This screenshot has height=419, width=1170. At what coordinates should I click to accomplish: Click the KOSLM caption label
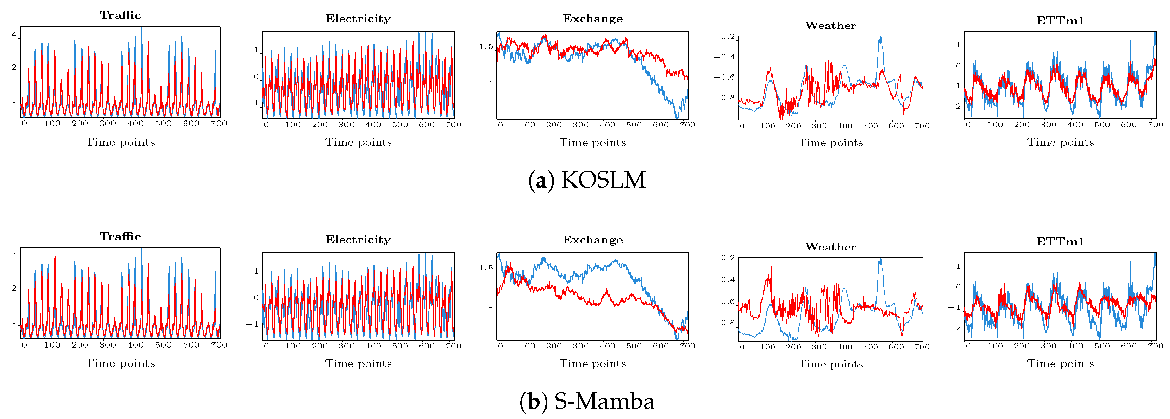click(587, 180)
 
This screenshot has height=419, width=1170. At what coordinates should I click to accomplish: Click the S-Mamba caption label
click(587, 401)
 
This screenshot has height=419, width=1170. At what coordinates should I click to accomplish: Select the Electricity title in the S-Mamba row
click(358, 240)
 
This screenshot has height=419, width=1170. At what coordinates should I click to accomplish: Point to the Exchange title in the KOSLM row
click(593, 19)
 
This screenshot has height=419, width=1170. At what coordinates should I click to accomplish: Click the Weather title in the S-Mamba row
click(830, 247)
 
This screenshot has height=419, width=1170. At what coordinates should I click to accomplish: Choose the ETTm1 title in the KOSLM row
click(1060, 21)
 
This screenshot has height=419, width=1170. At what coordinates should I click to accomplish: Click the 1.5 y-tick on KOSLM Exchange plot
click(486, 47)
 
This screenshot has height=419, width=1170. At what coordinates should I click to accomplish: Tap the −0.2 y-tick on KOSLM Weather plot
click(724, 37)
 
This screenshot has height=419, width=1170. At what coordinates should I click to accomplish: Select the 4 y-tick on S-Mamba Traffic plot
click(14, 256)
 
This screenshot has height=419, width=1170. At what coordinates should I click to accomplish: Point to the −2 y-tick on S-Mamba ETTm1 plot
click(954, 328)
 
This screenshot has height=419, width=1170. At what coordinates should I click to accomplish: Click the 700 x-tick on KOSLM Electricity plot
click(453, 124)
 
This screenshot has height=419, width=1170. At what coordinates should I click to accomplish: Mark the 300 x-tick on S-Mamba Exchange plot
click(580, 346)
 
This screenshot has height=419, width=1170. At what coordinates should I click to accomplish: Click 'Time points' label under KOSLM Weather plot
click(830, 143)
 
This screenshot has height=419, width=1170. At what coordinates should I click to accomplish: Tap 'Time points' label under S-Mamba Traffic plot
click(120, 363)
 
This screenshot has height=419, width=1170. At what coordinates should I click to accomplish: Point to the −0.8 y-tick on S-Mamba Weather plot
click(724, 323)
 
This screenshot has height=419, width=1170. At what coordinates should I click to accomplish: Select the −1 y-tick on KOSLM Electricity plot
click(252, 103)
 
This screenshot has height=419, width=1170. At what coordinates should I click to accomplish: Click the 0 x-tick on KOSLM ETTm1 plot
click(968, 124)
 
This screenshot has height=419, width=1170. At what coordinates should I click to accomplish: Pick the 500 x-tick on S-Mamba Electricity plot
click(400, 346)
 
